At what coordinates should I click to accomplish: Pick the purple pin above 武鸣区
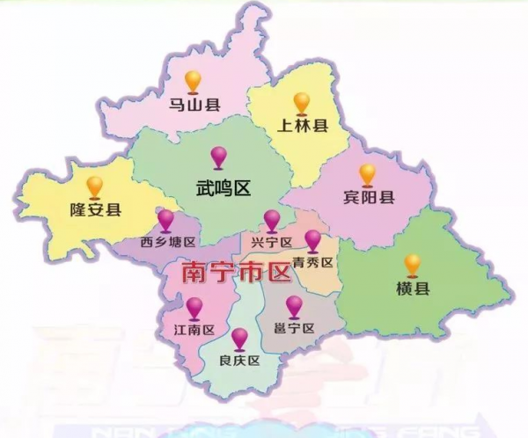click(219, 157)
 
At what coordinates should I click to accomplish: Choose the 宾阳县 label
click(368, 198)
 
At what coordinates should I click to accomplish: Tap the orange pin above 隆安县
click(94, 186)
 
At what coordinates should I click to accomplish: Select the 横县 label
click(412, 289)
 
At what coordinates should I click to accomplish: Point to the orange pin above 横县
click(412, 264)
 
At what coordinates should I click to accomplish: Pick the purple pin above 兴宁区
click(273, 220)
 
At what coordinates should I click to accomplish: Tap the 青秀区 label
click(313, 262)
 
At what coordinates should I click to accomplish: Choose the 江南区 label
click(194, 332)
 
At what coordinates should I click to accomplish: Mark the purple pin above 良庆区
click(239, 338)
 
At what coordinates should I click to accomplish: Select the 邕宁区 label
click(294, 329)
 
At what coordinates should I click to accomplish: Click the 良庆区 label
click(239, 361)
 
